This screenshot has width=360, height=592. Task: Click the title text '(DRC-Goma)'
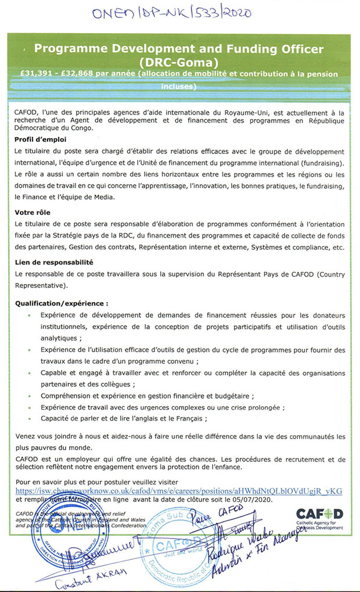(179, 60)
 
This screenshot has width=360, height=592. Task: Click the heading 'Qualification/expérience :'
(61, 303)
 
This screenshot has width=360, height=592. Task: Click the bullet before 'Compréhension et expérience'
(30, 396)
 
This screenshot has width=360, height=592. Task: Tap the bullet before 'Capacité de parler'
(30, 418)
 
